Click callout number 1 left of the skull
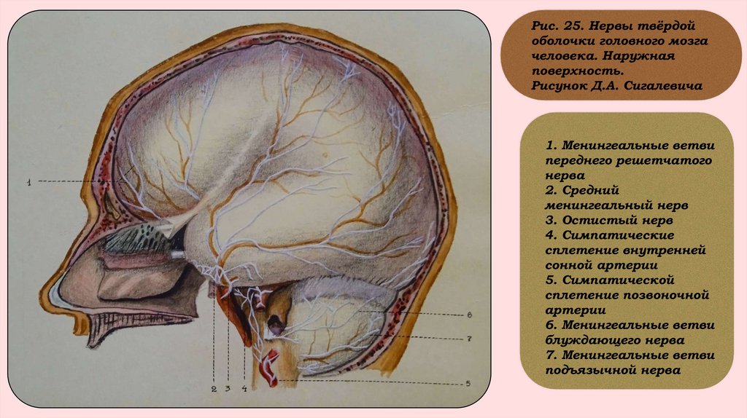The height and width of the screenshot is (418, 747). point(28,182)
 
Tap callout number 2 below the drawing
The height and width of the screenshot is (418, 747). point(214,389)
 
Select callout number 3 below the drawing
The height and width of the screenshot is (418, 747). point(227,389)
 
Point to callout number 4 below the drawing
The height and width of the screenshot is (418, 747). point(244,389)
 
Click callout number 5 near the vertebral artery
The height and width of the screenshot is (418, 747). point(468,383)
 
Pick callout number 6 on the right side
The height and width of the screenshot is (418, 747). point(469,315)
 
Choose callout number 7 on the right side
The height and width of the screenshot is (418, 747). point(469,339)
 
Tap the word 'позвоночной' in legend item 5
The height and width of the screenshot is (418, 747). point(667,294)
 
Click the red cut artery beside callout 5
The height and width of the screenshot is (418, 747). point(271,368)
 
